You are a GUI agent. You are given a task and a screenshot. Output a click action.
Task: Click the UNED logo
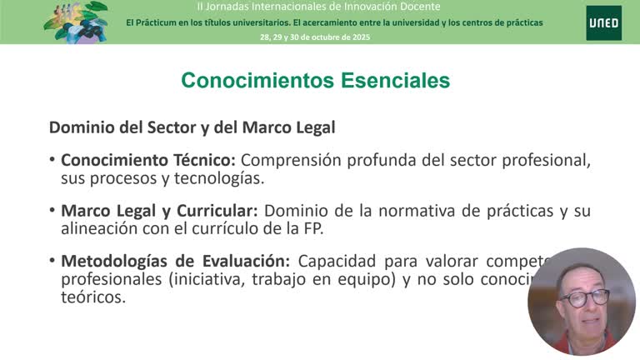tap(602, 22)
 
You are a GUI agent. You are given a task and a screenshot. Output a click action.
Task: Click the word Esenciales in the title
tap(395, 80)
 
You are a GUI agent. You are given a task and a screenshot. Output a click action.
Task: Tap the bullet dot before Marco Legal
tap(52, 211)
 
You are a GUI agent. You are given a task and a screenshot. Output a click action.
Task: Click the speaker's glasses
tap(584, 297)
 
